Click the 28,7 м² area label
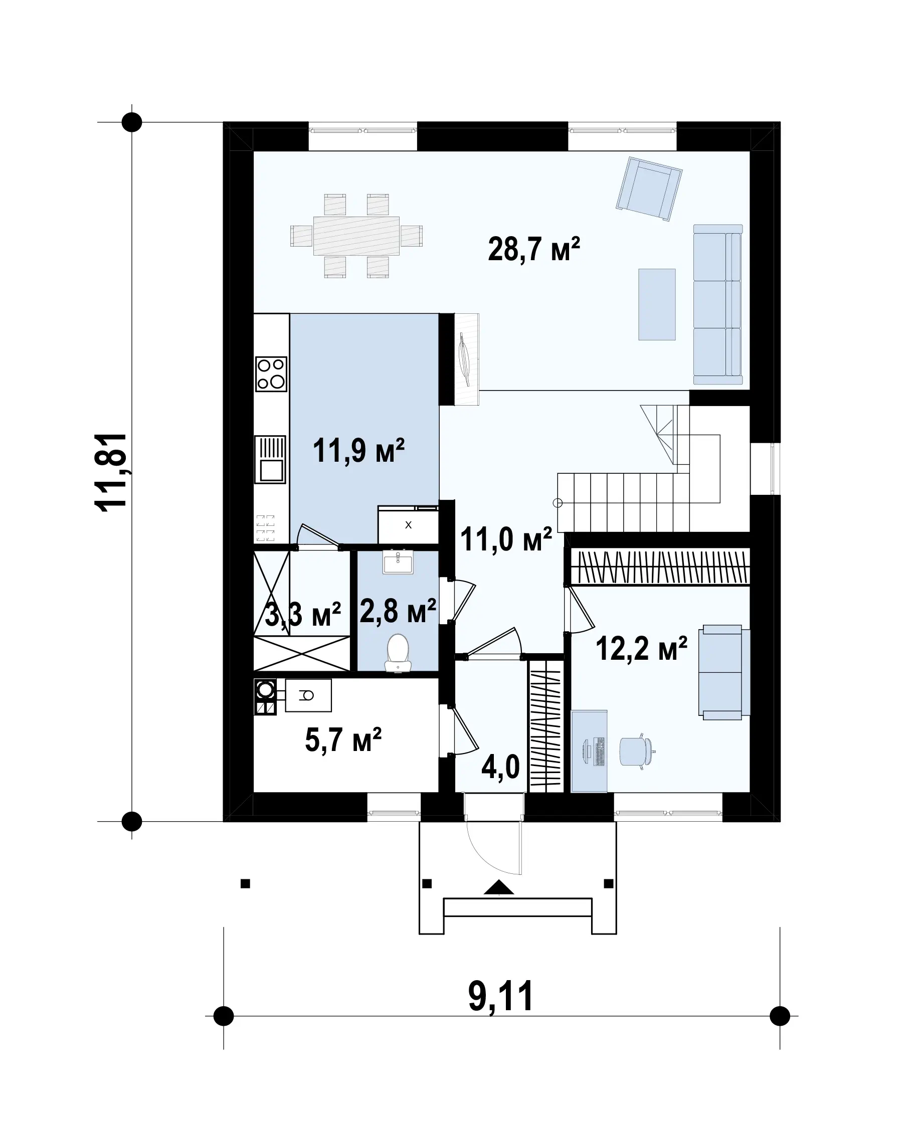[x=534, y=249]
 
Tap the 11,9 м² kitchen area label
[x=358, y=451]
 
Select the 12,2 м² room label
[x=641, y=648]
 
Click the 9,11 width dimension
[x=501, y=996]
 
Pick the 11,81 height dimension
[x=111, y=472]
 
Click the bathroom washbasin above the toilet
[x=399, y=562]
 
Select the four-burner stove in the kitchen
[x=271, y=373]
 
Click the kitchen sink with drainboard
[x=270, y=459]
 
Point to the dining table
[x=356, y=236]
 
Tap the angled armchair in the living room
[x=649, y=188]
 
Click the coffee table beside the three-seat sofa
[x=657, y=304]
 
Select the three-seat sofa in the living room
[x=718, y=304]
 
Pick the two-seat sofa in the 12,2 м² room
[x=724, y=673]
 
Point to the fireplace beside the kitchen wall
[x=466, y=359]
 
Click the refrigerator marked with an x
[x=408, y=524]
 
